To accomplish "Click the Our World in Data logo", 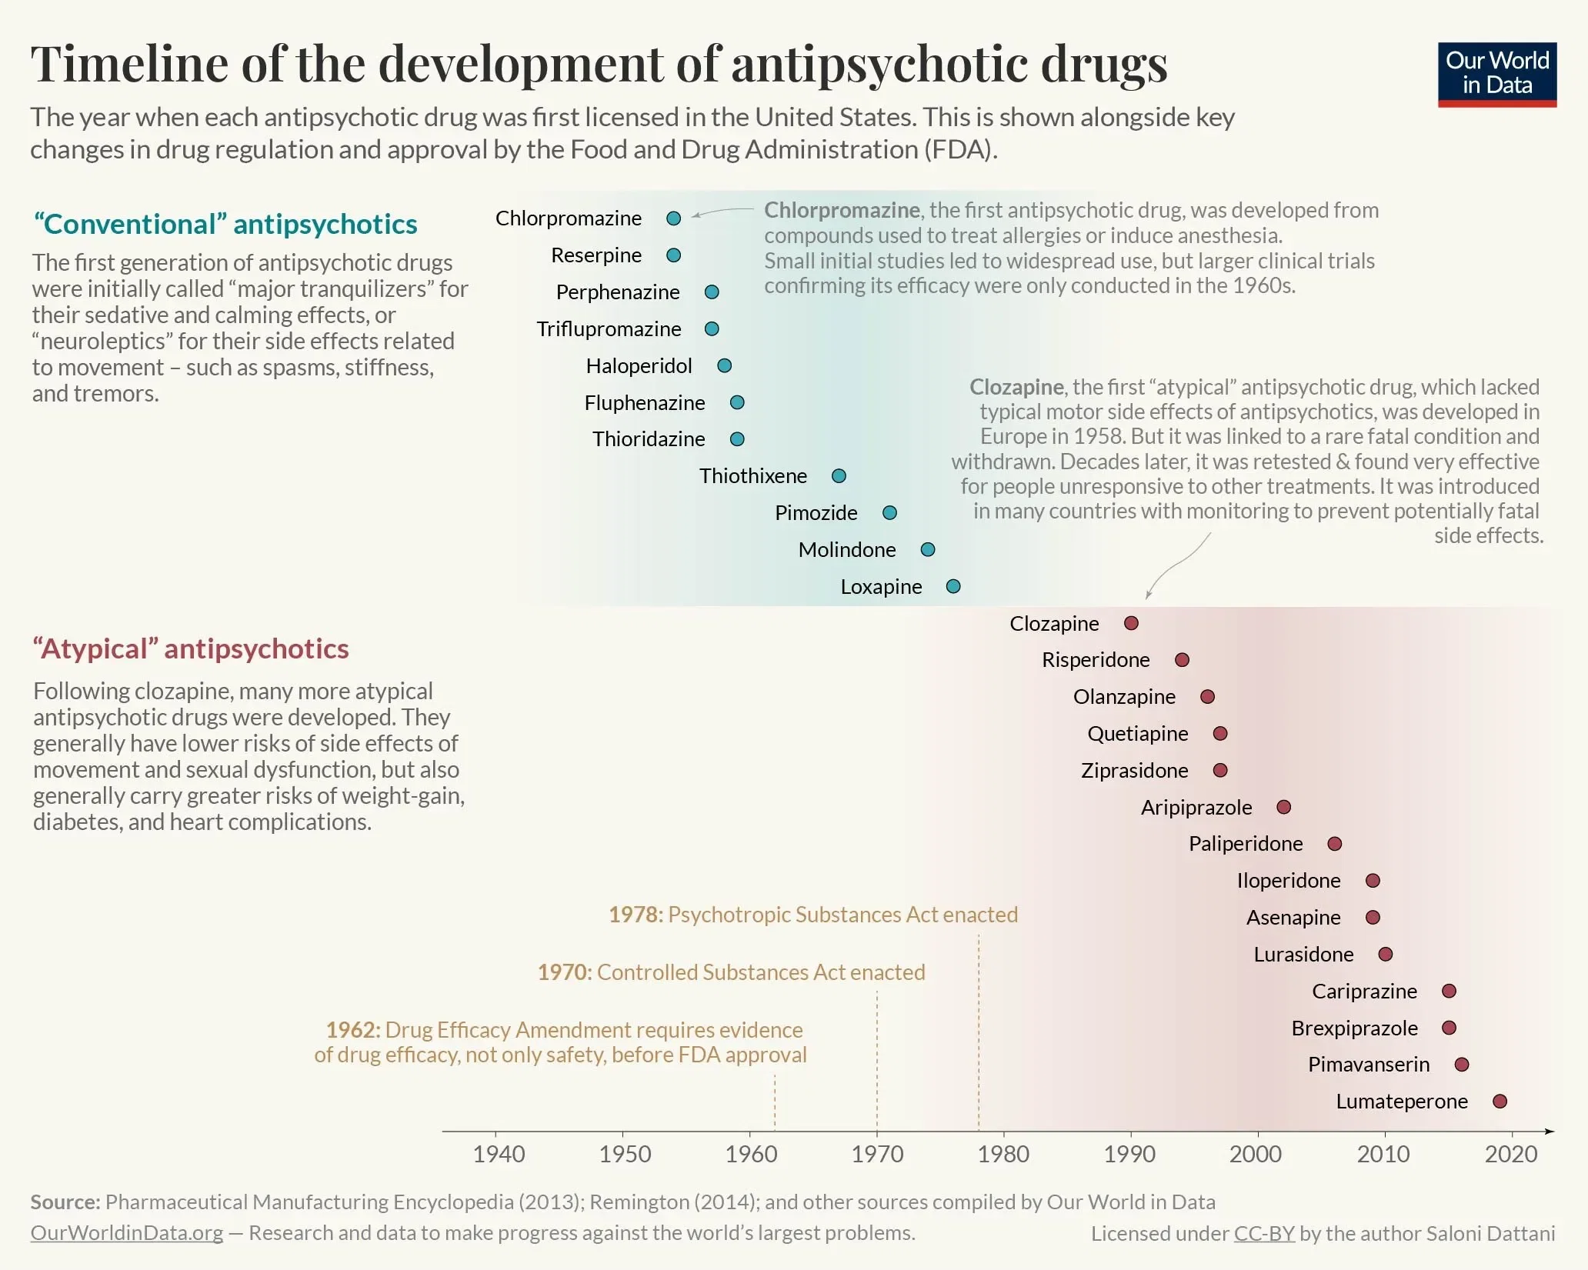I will tap(1496, 74).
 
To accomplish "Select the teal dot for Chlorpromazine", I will tap(673, 218).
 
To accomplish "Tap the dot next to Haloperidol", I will tap(724, 365).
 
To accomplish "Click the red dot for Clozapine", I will tap(1131, 623).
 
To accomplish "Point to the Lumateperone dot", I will tap(1500, 1102).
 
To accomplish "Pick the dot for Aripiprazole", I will tap(1283, 807).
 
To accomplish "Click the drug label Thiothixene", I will tap(752, 476).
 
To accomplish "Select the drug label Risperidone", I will tap(1095, 660).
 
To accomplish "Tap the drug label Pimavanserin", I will tap(1368, 1065).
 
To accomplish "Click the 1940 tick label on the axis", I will tap(499, 1154).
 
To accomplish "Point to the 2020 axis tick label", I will tap(1510, 1154).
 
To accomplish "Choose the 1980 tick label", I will tap(1003, 1154).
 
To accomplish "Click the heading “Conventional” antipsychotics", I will tap(225, 224).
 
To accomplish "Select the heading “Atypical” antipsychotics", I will tap(191, 648).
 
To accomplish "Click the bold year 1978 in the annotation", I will tap(635, 915).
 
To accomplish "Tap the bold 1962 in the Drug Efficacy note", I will tap(352, 1030).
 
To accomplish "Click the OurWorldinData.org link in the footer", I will tap(127, 1233).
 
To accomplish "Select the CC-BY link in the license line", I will tap(1264, 1234).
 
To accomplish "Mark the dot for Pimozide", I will tap(889, 513).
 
